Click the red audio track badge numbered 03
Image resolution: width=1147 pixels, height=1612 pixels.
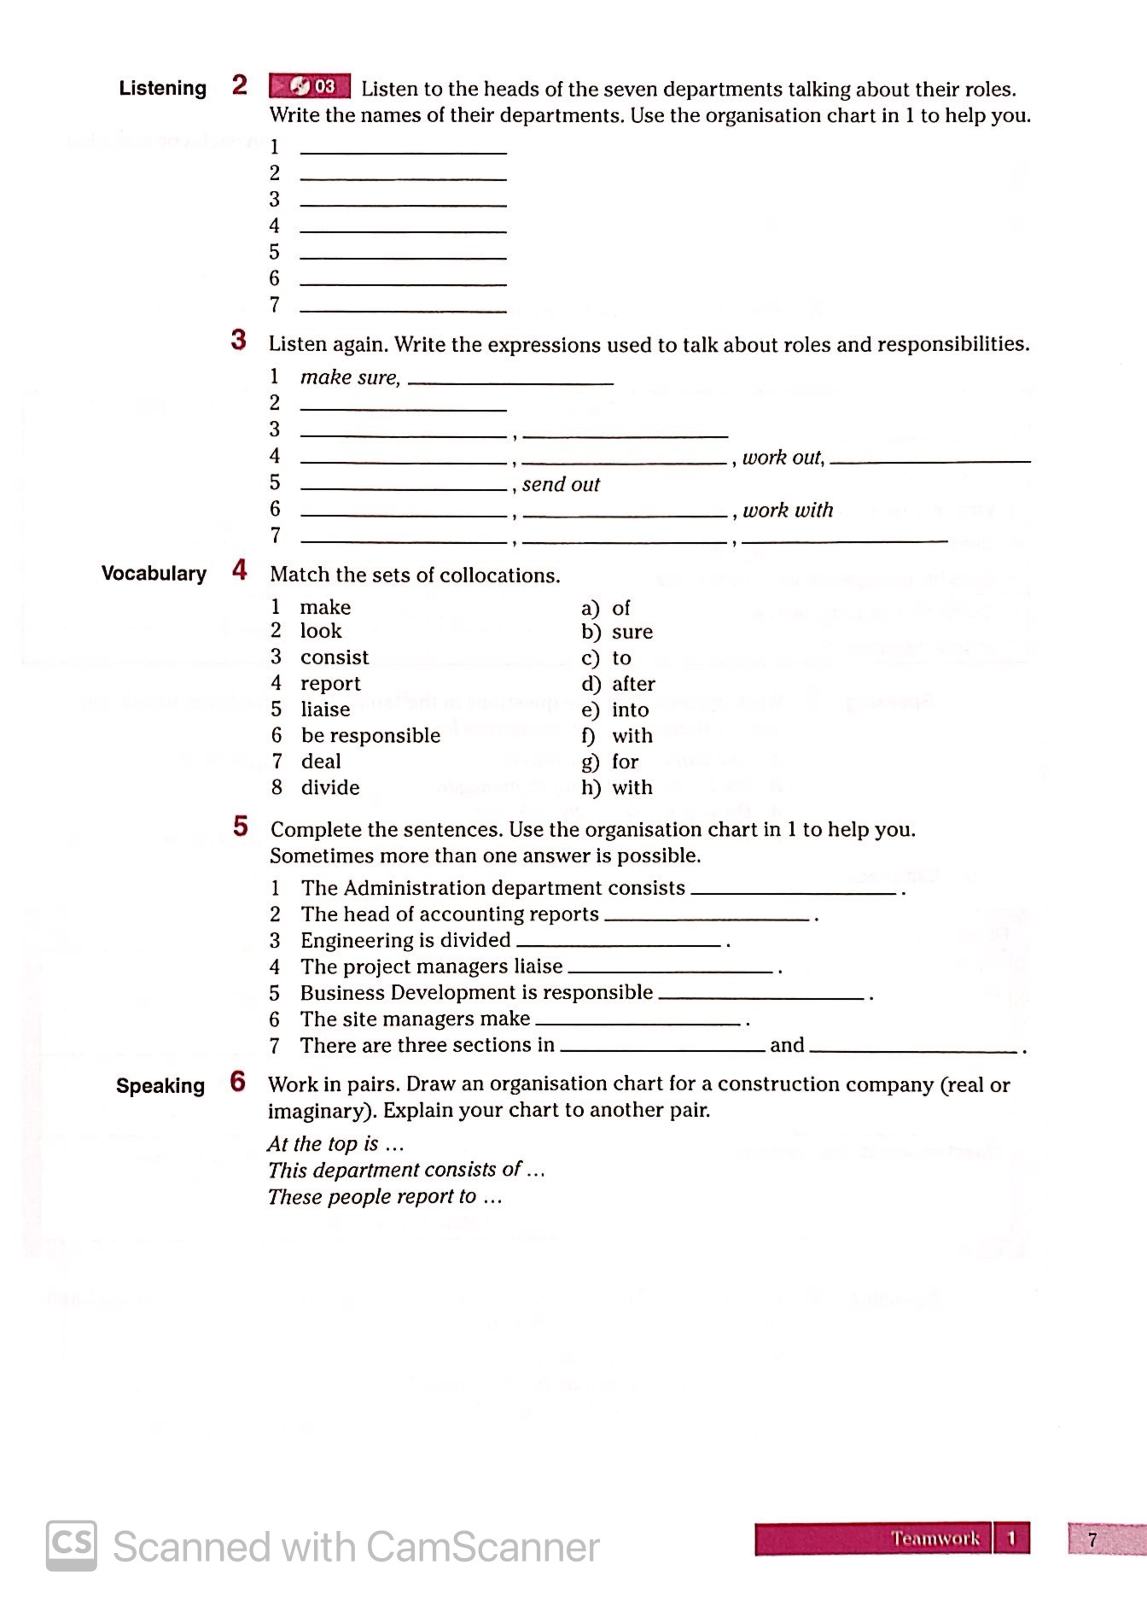[x=310, y=86]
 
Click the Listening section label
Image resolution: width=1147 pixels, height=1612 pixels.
[x=162, y=88]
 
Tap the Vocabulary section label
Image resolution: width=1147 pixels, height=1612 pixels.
[x=154, y=573]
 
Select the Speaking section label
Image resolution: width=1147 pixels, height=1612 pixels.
[x=160, y=1085]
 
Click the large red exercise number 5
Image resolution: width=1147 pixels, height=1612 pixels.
[x=241, y=826]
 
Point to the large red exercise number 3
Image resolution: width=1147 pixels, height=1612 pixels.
[x=239, y=340]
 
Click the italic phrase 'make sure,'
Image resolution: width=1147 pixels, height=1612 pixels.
[x=350, y=377]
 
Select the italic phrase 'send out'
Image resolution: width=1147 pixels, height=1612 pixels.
[x=561, y=484]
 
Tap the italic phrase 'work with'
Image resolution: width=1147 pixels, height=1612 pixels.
[x=788, y=510]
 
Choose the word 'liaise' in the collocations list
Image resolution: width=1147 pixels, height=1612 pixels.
[x=325, y=710]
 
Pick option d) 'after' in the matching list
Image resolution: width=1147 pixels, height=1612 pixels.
[x=632, y=684]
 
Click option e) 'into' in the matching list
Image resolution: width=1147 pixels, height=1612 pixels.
[x=629, y=710]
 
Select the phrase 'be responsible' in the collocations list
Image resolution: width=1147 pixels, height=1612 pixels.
[x=370, y=735]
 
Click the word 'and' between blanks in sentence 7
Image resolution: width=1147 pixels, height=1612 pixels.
[x=787, y=1045]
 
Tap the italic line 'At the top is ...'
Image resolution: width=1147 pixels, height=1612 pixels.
[x=335, y=1143]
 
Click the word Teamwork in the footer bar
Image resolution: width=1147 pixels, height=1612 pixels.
[x=935, y=1539]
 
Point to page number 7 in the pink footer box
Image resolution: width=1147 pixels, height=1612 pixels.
[x=1092, y=1539]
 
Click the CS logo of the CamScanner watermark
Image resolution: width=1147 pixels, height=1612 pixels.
[x=72, y=1545]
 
